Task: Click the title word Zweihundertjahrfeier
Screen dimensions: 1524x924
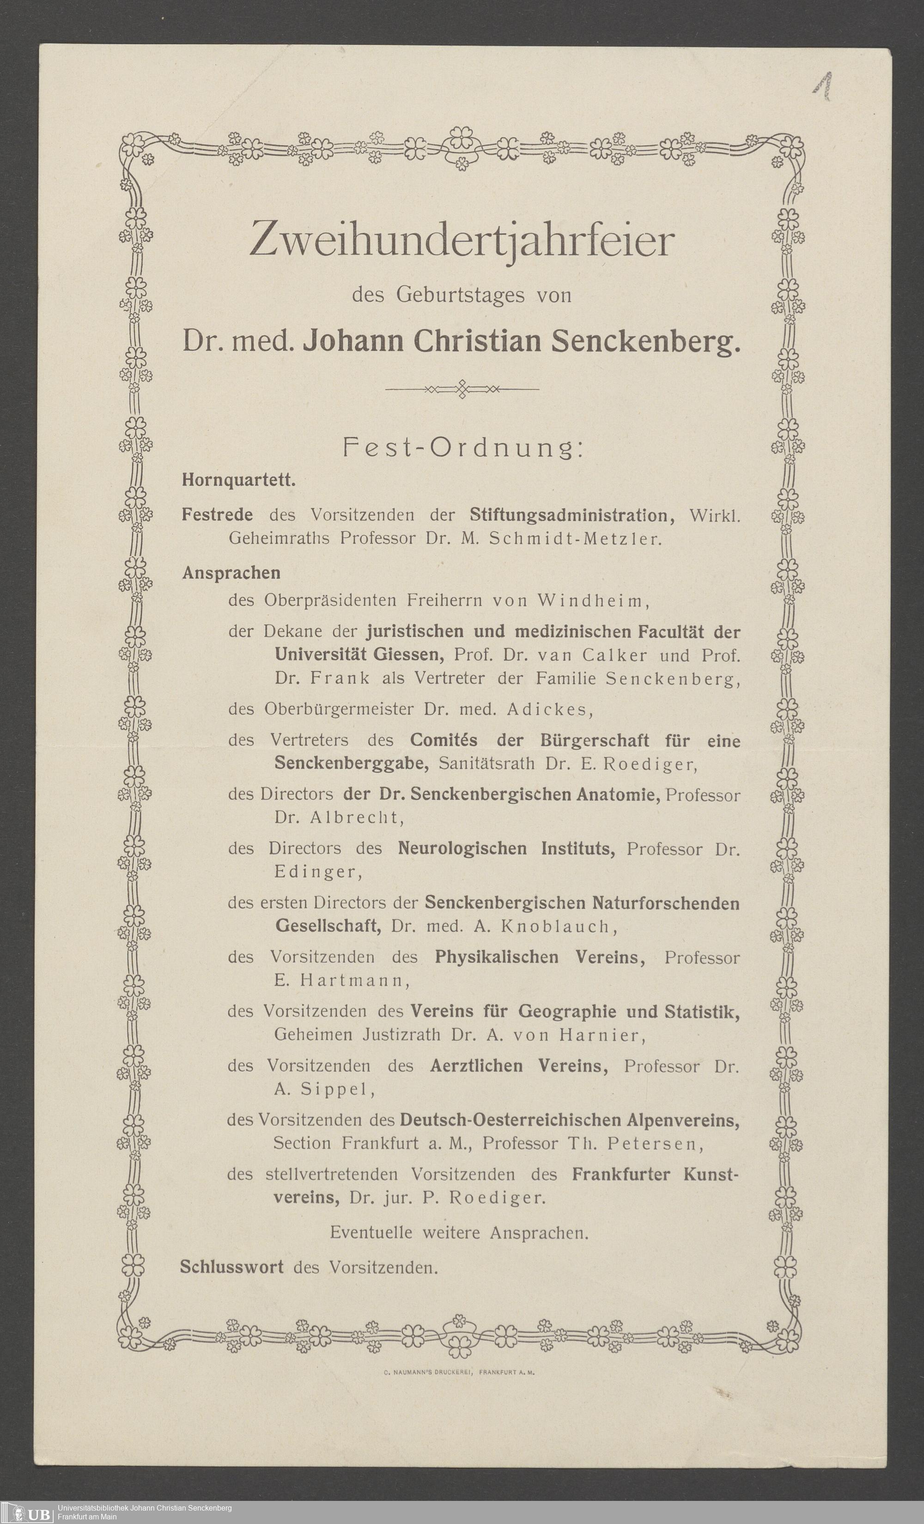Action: click(x=461, y=241)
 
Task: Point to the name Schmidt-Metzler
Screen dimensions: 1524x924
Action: click(x=575, y=539)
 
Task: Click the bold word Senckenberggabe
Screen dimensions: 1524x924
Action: click(x=351, y=763)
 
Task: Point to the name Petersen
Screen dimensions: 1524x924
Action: click(x=655, y=1144)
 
